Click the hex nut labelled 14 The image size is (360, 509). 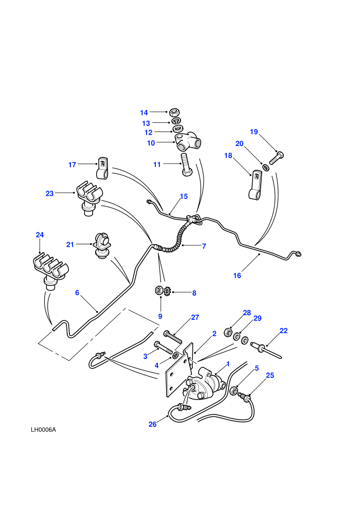point(175,113)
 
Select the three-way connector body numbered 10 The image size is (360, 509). point(188,142)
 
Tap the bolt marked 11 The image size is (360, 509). point(186,165)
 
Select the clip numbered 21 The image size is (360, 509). point(102,245)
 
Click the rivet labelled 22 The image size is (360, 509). point(265,350)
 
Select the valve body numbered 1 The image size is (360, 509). point(206,385)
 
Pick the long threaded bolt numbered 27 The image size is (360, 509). point(174,336)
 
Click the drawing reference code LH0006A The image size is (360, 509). point(43,430)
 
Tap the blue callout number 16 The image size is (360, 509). point(237,276)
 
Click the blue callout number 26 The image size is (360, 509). point(153,424)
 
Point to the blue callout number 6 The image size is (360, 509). point(77,293)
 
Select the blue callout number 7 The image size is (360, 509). point(204,246)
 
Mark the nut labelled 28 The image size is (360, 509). point(228,332)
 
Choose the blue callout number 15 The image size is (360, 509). point(184,196)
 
